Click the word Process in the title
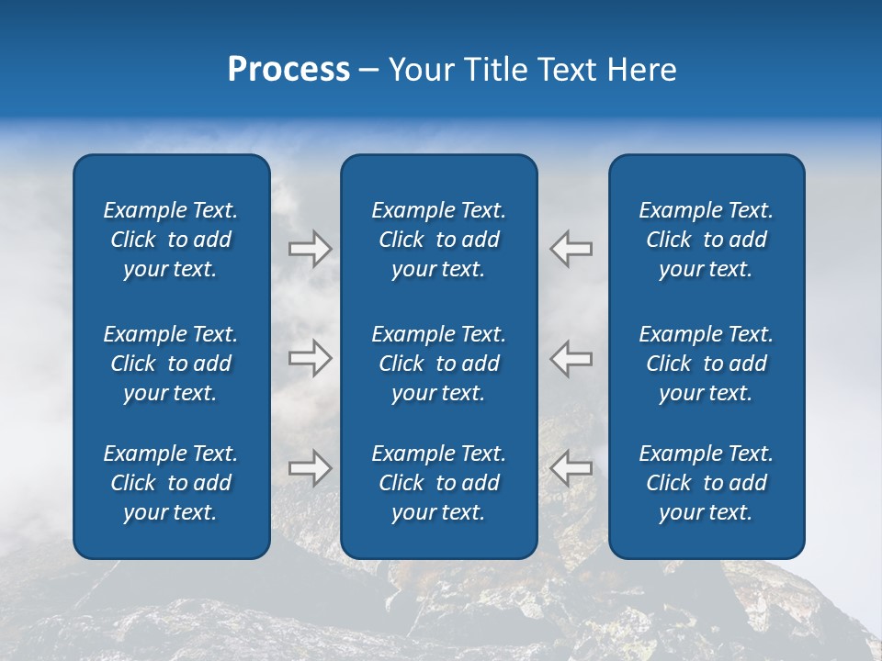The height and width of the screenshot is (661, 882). click(x=288, y=70)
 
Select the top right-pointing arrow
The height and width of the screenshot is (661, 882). click(x=310, y=249)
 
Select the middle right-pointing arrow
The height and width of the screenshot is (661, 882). click(x=310, y=358)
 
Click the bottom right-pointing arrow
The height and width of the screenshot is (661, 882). click(x=310, y=468)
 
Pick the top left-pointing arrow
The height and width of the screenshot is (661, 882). click(x=571, y=249)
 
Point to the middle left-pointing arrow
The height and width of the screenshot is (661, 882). click(x=571, y=358)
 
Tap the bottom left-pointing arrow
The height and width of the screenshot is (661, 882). click(x=571, y=468)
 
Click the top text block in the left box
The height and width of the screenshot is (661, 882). click(x=171, y=240)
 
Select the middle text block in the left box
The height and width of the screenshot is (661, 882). click(x=171, y=364)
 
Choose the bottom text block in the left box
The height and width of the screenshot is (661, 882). click(x=171, y=483)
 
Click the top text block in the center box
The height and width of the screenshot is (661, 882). click(x=439, y=240)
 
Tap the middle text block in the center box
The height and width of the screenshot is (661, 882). click(x=439, y=364)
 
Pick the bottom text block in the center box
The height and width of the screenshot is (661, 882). click(x=439, y=483)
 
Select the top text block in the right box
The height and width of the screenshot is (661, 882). click(x=707, y=240)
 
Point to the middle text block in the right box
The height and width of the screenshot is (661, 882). click(x=707, y=364)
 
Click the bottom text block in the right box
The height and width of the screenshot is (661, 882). click(x=707, y=483)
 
